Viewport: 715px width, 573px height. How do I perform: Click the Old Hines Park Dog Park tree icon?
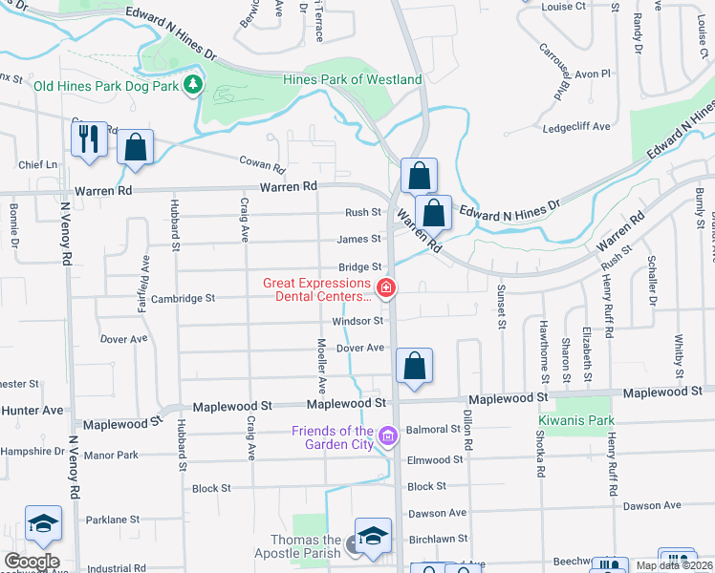(x=193, y=85)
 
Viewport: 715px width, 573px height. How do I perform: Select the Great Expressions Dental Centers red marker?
(x=386, y=286)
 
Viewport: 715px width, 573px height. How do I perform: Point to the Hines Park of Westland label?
(x=353, y=79)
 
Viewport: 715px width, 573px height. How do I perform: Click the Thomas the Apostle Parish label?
(x=298, y=545)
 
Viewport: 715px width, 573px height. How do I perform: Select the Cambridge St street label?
(x=184, y=298)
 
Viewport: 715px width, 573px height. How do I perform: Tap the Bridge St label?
(x=359, y=267)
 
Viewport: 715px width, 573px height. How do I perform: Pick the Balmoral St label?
(x=434, y=429)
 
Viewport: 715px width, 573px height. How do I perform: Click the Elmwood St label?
(x=435, y=459)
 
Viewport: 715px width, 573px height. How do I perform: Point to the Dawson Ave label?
(x=437, y=513)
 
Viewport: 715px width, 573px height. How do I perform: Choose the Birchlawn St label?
(x=438, y=539)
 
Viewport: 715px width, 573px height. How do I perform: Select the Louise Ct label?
(x=563, y=6)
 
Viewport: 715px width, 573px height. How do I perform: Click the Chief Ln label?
(x=38, y=164)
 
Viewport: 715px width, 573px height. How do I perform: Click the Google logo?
(x=32, y=562)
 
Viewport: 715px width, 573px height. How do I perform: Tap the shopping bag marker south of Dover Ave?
(x=414, y=367)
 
